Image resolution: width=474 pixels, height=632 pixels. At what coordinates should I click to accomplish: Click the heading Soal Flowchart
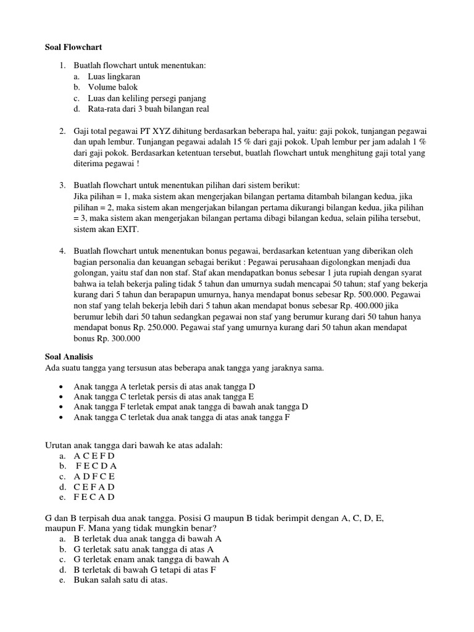73,47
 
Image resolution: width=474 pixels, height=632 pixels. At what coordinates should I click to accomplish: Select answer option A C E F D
94,455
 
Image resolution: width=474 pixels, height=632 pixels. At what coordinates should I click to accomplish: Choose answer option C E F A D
94,487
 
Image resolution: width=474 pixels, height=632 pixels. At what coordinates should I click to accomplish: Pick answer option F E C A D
94,497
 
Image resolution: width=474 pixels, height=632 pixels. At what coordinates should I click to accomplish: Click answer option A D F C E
94,476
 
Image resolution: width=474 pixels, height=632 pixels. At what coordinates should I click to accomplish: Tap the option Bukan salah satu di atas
120,581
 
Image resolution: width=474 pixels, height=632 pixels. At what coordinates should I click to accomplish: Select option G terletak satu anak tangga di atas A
144,549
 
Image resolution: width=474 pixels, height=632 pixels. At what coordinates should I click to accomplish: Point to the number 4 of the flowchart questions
62,251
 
